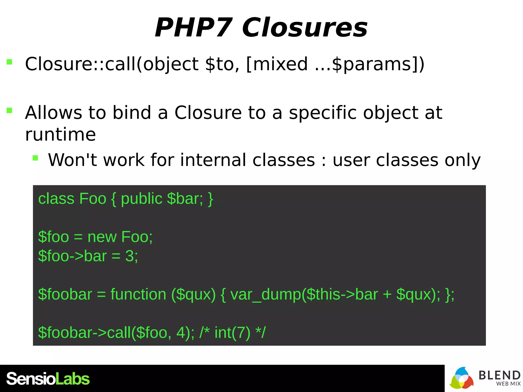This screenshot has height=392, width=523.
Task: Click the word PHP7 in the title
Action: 193,28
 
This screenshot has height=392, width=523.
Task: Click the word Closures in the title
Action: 304,28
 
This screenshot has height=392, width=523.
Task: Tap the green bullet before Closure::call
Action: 9,62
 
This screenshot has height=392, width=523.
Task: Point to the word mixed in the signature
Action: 280,64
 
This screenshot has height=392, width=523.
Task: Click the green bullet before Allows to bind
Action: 9,111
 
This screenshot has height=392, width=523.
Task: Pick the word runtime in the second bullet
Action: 61,134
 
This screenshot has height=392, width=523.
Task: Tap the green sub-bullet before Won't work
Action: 35,158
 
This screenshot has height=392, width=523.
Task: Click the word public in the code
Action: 141,199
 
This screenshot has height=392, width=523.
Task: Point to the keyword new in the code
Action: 102,237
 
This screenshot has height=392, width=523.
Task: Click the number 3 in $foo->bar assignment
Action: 129,256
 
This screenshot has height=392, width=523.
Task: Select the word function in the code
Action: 138,294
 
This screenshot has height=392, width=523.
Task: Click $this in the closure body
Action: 323,294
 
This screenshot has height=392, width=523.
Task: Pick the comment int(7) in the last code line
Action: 232,333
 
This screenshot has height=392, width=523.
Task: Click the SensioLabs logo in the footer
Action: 48,379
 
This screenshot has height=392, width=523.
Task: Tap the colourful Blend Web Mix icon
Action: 461,378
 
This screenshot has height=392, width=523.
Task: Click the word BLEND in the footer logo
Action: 499,375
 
